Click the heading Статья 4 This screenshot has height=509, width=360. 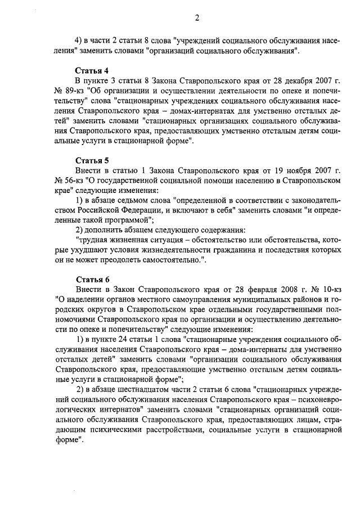tap(92, 71)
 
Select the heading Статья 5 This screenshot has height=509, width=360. tap(92, 159)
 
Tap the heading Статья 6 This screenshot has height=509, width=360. tap(92, 278)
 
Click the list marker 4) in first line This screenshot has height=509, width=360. tap(80, 41)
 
